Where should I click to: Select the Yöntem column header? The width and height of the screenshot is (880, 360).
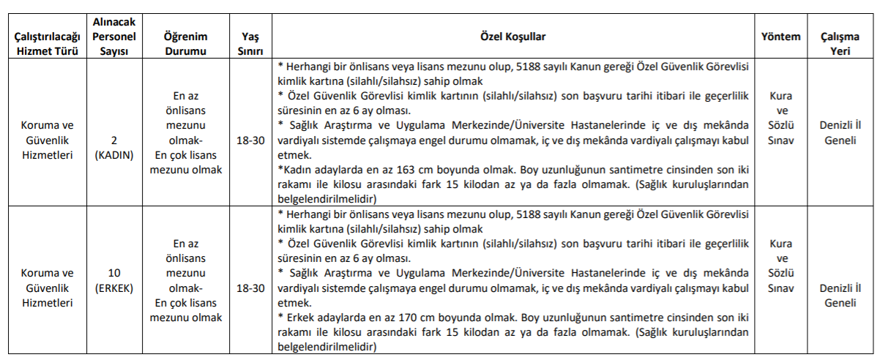(780, 36)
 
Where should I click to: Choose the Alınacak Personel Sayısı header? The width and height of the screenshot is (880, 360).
(113, 36)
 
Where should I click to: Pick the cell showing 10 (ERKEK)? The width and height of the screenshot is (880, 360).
(113, 280)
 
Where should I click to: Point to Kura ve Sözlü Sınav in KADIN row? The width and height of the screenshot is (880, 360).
(780, 125)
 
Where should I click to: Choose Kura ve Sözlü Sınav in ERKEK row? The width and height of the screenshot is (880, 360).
(780, 273)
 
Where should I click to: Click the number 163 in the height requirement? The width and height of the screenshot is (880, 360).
(406, 170)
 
